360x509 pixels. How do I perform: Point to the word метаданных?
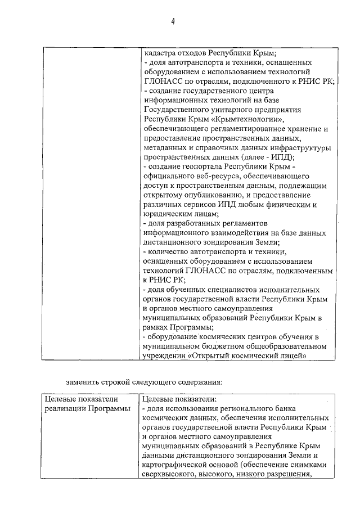[x=164, y=147]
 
